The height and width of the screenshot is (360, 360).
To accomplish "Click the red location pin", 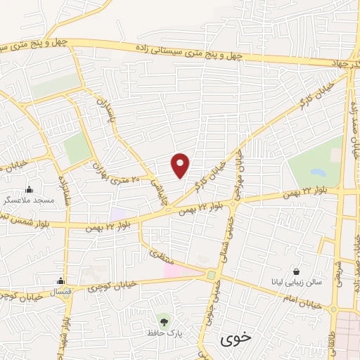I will pyautogui.click(x=181, y=165).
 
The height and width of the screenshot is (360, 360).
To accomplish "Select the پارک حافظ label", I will pyautogui.click(x=164, y=332).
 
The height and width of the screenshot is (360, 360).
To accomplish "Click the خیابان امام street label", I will pyautogui.click(x=302, y=303).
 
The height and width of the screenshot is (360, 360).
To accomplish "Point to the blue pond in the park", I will pyautogui.click(x=318, y=171).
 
